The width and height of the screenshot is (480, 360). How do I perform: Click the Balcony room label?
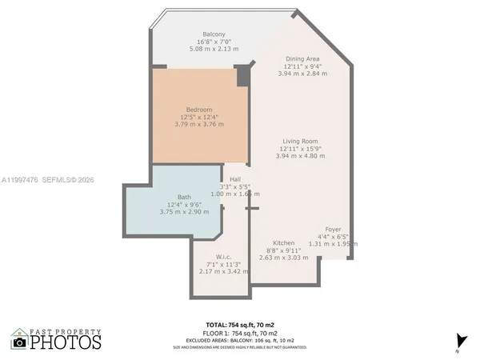213,34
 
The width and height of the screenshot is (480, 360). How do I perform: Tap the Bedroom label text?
199,109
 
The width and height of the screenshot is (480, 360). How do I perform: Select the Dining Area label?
302,58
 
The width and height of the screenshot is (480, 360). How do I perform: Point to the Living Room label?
300,141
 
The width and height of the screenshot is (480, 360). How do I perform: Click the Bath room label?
184,197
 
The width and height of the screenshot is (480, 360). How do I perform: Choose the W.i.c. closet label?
211,257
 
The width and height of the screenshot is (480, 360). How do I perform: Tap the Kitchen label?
284,242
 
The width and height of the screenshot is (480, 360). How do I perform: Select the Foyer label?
333,230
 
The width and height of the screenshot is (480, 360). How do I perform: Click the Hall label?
235,179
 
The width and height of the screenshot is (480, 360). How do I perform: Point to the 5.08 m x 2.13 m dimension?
213,49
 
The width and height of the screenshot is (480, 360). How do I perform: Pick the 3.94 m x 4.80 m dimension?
300,156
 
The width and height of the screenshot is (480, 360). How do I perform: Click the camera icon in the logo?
19,342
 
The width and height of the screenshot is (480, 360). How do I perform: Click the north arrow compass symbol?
458,340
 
